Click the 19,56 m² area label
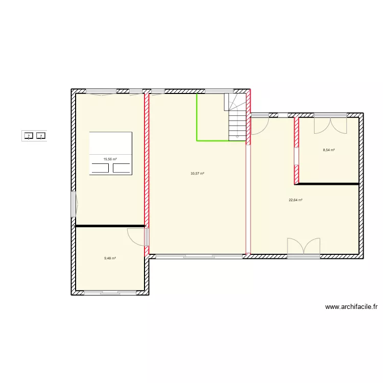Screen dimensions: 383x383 pos(110,159)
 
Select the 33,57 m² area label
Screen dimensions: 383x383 pos(197,174)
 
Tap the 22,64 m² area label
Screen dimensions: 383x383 pos(295,200)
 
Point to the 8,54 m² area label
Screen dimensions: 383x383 pos(329,150)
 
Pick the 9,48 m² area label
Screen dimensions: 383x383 pos(110,258)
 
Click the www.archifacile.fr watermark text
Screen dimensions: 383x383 pos(351,307)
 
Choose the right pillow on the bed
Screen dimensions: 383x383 pos(122,168)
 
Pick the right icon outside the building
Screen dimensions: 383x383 pos(41,136)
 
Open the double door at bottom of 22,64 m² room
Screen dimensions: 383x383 pos(304,246)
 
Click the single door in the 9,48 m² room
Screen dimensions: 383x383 pos(136,236)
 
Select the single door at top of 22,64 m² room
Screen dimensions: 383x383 pos(259,125)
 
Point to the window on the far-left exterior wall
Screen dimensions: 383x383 pos(74,204)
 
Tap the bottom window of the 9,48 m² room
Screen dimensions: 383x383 pos(110,293)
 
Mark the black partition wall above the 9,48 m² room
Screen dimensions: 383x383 pos(110,226)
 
